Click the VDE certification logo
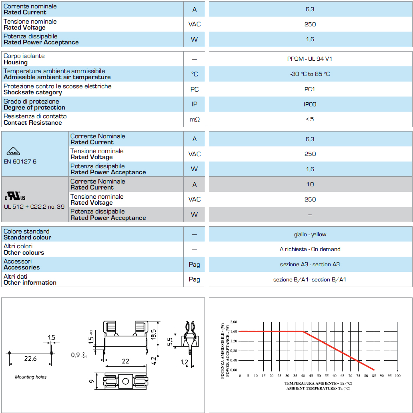pos(14,152)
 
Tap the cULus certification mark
pos(15,196)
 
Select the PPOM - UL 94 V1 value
pos(310,59)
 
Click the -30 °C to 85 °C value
pos(310,74)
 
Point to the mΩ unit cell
pos(194,119)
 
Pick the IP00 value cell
pos(310,104)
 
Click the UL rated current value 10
pos(310,184)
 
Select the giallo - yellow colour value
pos(310,234)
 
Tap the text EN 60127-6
pos(20,162)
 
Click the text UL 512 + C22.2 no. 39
pos(34,207)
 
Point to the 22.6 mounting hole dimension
pos(30,359)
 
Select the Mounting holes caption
pos(31,377)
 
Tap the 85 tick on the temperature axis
pos(374,376)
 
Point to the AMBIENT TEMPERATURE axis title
pos(318,388)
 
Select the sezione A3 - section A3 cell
pos(310,264)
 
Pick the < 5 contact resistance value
pos(310,119)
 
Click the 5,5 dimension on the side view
pos(170,341)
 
